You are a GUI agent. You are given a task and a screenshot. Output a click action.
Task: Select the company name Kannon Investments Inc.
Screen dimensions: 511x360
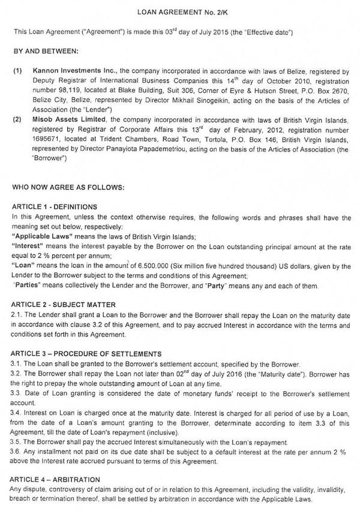click(x=68, y=70)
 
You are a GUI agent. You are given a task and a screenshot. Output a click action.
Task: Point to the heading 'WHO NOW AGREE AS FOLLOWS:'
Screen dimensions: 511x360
click(x=68, y=187)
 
